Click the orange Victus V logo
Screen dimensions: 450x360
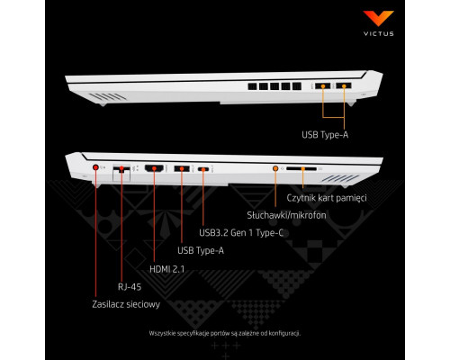tap(378, 18)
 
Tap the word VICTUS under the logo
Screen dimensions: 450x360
tap(379, 33)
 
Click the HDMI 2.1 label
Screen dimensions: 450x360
tap(166, 269)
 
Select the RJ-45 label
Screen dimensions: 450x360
tap(130, 286)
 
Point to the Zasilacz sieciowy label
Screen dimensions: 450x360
tap(126, 304)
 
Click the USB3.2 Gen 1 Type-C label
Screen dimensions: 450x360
tap(241, 233)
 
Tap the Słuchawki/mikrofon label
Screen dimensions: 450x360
tap(286, 215)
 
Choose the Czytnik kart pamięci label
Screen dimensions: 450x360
tap(327, 198)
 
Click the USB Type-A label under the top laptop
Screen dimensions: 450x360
tap(325, 135)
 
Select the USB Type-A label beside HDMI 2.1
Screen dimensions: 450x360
tap(201, 250)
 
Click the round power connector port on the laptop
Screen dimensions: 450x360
tap(95, 167)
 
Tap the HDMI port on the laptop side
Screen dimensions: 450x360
tap(154, 168)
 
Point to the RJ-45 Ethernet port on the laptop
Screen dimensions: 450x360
tap(121, 169)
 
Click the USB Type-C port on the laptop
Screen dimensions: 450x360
tap(203, 169)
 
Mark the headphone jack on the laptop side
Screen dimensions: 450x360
tap(275, 168)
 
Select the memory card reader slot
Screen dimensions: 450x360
tap(301, 169)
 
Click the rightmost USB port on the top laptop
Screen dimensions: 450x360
tap(344, 86)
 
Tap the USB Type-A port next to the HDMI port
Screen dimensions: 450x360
tap(182, 168)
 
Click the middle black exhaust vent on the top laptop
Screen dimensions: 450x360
tap(274, 86)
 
